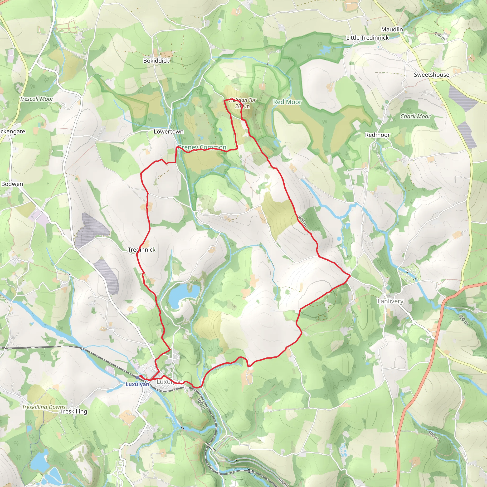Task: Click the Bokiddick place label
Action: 156,61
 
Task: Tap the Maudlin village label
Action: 392,29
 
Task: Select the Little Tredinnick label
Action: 368,38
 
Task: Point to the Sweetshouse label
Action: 432,75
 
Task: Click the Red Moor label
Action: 287,102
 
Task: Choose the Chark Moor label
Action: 415,117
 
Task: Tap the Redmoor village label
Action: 377,135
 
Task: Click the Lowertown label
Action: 169,131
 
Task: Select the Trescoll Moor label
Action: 37,99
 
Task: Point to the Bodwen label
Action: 12,184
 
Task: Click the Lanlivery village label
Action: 390,301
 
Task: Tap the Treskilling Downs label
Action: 44,407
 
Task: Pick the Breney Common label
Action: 202,147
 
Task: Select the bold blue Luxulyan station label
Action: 137,385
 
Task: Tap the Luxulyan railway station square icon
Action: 137,378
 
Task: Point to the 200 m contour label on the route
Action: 302,221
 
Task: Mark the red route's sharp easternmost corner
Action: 350,276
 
